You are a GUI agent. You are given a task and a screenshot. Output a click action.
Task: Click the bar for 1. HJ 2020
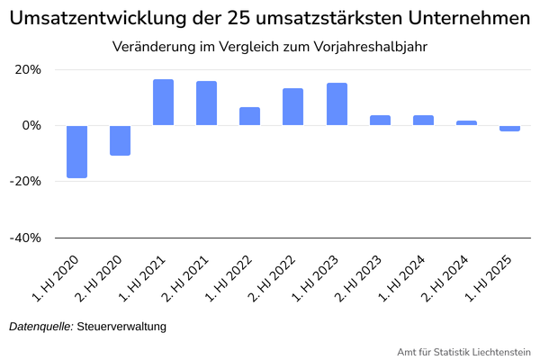pyautogui.click(x=76, y=151)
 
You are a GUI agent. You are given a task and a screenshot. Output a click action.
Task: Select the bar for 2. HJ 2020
pyautogui.click(x=120, y=140)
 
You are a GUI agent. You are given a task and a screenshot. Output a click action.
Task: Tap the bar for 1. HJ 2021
pyautogui.click(x=163, y=103)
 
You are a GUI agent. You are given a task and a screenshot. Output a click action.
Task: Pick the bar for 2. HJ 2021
pyautogui.click(x=207, y=103)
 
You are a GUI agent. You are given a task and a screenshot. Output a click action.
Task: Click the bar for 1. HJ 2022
pyautogui.click(x=249, y=116)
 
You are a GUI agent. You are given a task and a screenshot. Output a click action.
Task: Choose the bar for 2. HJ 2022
pyautogui.click(x=293, y=107)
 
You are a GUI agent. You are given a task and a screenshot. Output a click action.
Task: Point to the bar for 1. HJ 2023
pyautogui.click(x=337, y=104)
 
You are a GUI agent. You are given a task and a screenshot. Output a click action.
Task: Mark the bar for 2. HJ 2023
pyautogui.click(x=380, y=121)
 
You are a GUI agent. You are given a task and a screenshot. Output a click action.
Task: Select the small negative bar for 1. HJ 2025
pyautogui.click(x=509, y=129)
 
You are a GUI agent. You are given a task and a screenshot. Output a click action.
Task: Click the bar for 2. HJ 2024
pyautogui.click(x=466, y=123)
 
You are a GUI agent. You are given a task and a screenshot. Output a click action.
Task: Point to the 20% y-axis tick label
pyautogui.click(x=28, y=69)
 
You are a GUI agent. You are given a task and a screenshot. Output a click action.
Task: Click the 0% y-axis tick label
pyautogui.click(x=31, y=125)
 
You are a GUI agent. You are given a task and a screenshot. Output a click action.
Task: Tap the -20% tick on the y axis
pyautogui.click(x=25, y=181)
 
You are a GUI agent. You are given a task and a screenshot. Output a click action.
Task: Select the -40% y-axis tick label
pyautogui.click(x=25, y=238)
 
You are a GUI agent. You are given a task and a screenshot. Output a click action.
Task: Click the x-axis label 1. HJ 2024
pyautogui.click(x=402, y=278)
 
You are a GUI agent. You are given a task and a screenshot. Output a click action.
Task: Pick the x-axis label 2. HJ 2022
pyautogui.click(x=272, y=278)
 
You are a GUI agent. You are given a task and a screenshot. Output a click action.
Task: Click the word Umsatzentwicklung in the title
pyautogui.click(x=98, y=18)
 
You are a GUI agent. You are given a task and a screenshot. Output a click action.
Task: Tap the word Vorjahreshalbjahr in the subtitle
pyautogui.click(x=370, y=47)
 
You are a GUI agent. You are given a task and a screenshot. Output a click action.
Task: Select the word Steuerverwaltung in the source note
pyautogui.click(x=121, y=327)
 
